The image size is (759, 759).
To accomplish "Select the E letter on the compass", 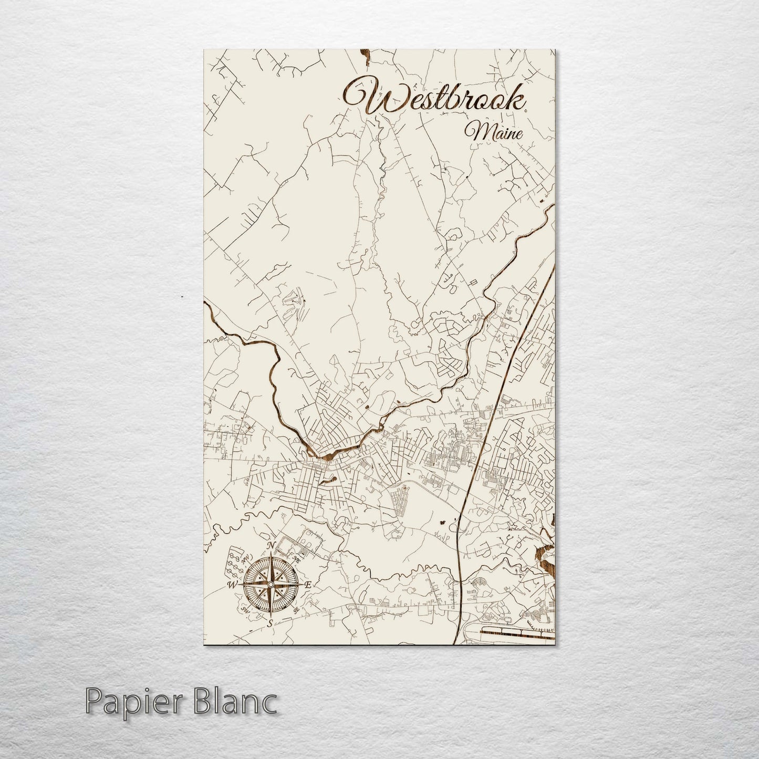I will pyautogui.click(x=308, y=585).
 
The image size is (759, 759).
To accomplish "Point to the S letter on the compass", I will pyautogui.click(x=270, y=623).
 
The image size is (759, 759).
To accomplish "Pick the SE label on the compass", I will pyautogui.click(x=297, y=609).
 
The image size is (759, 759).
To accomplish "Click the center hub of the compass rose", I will pyautogui.click(x=270, y=585).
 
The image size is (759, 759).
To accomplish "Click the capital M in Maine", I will pyautogui.click(x=480, y=131).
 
